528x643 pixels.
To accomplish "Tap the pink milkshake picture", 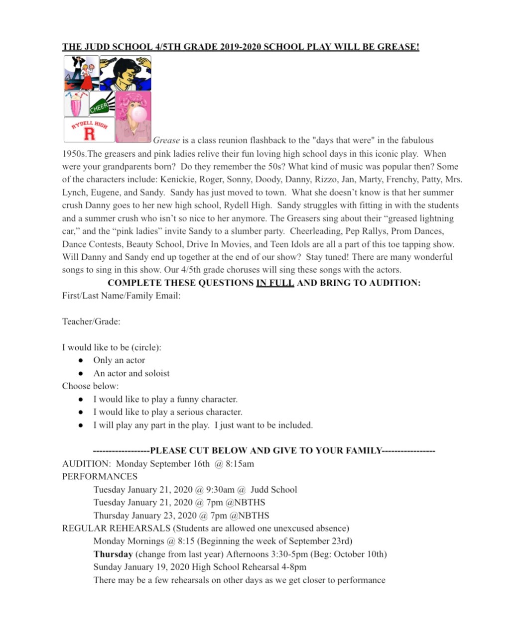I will (x=76, y=104).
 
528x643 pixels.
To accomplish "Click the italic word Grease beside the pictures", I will (x=166, y=140).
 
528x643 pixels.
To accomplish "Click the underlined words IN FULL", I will (x=275, y=283).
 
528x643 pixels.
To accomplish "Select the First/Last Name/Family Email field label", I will (x=121, y=296).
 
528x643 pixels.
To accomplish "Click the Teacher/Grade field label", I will (x=91, y=321).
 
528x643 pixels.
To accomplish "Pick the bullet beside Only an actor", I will (x=81, y=360).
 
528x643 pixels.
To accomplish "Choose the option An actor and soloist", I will (x=132, y=373).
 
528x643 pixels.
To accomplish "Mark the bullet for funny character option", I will (x=81, y=399).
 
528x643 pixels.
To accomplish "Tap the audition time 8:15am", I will (x=241, y=464).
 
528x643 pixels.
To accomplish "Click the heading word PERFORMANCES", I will (x=100, y=476).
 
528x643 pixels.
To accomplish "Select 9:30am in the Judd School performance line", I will (x=220, y=490).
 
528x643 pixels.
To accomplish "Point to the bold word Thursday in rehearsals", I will (x=113, y=554).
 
